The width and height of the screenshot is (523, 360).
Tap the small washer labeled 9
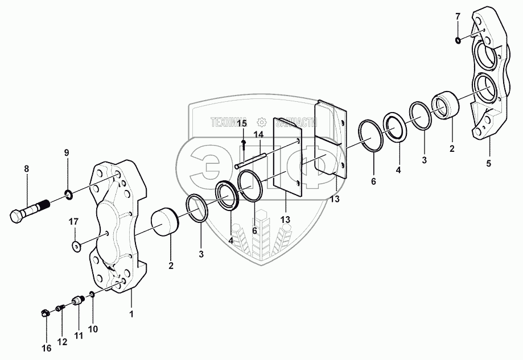pyautogui.click(x=68, y=196)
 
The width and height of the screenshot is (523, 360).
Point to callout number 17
pyautogui.click(x=74, y=221)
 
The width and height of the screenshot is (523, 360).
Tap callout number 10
pyautogui.click(x=93, y=329)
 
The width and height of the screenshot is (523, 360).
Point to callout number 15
pyautogui.click(x=242, y=123)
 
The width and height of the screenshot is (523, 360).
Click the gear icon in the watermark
pyautogui.click(x=262, y=122)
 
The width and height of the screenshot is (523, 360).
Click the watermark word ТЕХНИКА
pyautogui.click(x=230, y=122)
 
